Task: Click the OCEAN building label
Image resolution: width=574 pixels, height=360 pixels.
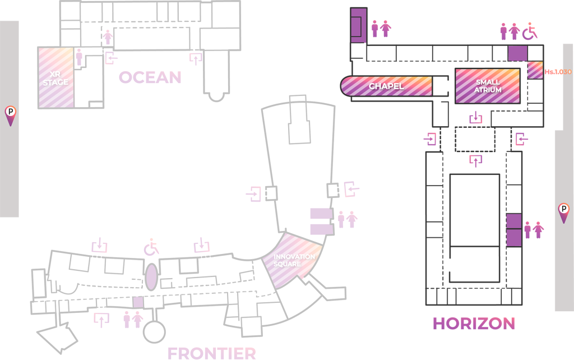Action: click(150, 77)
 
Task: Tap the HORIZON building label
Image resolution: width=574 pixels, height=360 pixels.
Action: click(474, 324)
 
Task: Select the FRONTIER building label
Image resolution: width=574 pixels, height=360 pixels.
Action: click(212, 353)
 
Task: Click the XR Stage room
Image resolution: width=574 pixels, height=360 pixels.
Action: click(55, 78)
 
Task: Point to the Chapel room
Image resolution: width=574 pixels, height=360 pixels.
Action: click(387, 86)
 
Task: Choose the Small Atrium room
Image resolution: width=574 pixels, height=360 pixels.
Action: click(487, 86)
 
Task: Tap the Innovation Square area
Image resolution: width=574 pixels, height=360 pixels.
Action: click(294, 260)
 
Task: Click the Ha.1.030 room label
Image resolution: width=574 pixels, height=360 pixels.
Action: click(557, 72)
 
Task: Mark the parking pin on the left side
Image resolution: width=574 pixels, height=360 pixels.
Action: click(10, 115)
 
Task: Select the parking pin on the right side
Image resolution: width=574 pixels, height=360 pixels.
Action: click(563, 212)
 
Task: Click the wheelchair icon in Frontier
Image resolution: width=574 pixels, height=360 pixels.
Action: click(151, 247)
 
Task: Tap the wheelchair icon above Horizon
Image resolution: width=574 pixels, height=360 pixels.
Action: click(530, 31)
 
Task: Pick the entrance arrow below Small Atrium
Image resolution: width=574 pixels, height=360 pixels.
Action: click(476, 118)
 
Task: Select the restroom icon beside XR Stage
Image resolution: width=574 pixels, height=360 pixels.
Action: click(79, 57)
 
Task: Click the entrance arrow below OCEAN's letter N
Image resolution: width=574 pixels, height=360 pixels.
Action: click(196, 58)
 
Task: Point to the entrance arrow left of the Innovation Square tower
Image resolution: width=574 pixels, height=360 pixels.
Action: click(254, 194)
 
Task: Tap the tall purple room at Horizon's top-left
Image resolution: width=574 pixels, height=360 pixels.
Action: click(358, 25)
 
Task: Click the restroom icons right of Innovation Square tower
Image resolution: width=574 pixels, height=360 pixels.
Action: click(347, 219)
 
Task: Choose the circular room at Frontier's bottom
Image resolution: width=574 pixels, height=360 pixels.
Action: click(154, 331)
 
